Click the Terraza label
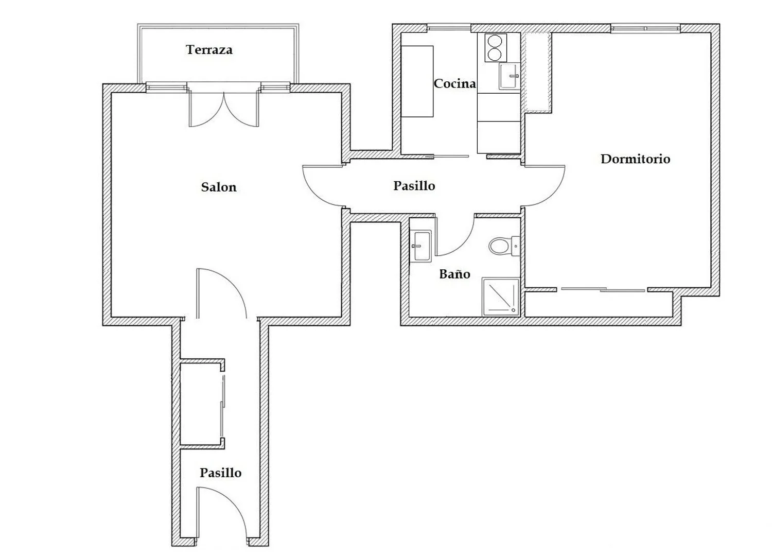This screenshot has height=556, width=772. (209, 49)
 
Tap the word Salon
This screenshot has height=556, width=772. (219, 187)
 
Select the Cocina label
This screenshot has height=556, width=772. (454, 83)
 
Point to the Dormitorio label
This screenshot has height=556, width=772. (636, 159)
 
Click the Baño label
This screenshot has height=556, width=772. (454, 274)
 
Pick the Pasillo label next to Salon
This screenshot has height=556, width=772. (414, 186)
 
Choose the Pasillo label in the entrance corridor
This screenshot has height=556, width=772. (221, 473)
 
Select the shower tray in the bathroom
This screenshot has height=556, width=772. (501, 297)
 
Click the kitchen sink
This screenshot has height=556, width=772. (510, 76)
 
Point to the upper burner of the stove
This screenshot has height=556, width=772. (495, 41)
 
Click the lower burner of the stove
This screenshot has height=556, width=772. (495, 55)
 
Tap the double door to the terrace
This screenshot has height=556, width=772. (224, 107)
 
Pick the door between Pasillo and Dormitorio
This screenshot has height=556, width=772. (544, 186)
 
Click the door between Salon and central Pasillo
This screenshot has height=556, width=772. (323, 186)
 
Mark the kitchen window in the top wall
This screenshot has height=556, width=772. (449, 28)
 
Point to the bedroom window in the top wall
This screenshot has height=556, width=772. (645, 28)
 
